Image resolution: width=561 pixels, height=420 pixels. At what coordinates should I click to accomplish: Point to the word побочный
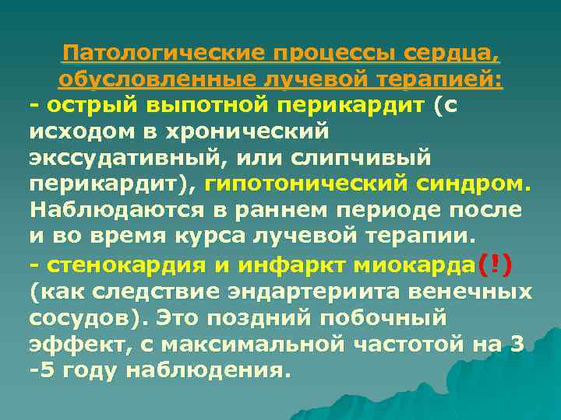coord(389,318)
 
